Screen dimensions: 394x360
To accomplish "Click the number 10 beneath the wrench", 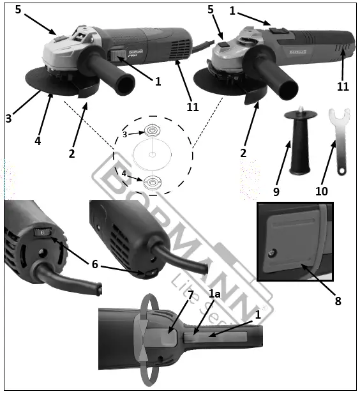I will tap(321, 190).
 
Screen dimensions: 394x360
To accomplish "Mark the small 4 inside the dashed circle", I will tap(125, 172).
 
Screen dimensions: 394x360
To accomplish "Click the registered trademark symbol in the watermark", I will tap(263, 308).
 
